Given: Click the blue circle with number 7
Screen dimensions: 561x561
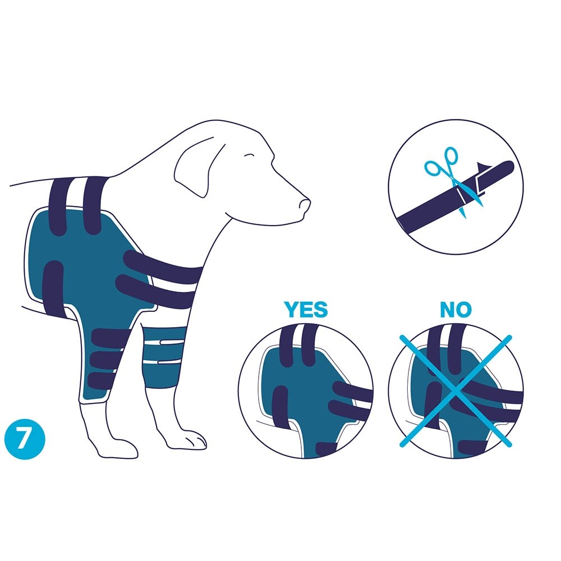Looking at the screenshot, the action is [25, 439].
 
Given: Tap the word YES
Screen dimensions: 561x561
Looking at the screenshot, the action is [306, 310].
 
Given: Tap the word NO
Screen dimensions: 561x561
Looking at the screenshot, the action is [456, 310].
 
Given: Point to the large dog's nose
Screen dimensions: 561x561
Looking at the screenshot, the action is [305, 205].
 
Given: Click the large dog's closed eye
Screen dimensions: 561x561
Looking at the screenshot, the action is [249, 155].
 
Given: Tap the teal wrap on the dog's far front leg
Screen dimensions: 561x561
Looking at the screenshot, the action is [163, 358].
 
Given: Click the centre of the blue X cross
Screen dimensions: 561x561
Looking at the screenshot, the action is [456, 390].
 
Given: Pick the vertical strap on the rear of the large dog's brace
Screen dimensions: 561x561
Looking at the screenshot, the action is [53, 288].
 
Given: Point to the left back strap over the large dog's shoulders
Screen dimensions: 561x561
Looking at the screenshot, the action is [59, 207].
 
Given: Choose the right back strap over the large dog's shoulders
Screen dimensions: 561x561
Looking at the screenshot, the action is [93, 206].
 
